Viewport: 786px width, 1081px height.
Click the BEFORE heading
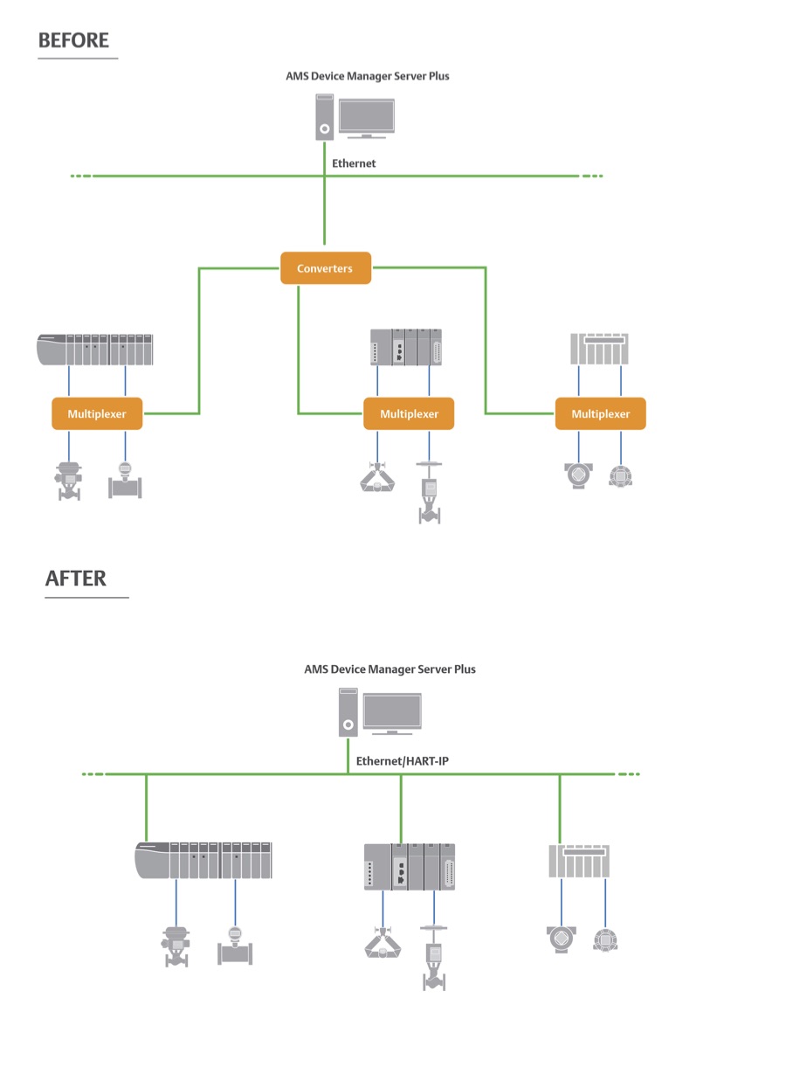point(73,40)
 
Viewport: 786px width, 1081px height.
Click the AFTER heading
point(76,579)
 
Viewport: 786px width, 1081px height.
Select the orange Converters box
point(325,268)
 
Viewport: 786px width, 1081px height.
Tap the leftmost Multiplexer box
point(97,413)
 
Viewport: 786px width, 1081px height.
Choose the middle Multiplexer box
point(409,413)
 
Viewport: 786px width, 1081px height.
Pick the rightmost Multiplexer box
point(600,413)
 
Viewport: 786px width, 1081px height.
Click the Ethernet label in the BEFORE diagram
point(354,163)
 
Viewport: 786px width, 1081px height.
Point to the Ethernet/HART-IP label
point(402,762)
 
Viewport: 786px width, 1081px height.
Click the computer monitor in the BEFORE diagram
point(366,118)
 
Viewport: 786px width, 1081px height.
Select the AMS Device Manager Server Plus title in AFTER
point(390,669)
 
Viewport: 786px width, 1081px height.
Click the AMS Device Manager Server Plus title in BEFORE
point(367,76)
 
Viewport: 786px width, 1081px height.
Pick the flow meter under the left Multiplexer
point(125,482)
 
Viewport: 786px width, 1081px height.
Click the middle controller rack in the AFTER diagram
point(409,866)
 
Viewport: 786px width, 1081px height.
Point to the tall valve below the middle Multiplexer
point(429,494)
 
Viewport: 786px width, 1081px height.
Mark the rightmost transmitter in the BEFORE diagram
point(621,476)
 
